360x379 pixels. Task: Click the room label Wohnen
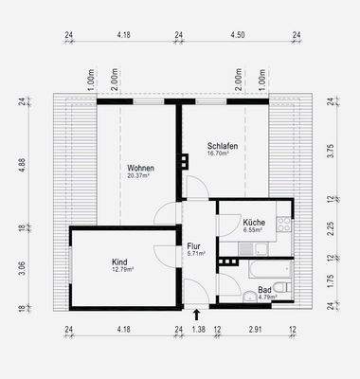pos(139,168)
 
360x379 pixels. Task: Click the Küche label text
pos(253,221)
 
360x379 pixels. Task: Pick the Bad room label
pos(265,289)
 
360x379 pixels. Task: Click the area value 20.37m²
pos(139,176)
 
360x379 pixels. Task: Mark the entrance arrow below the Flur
pos(196,313)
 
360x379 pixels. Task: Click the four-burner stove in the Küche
pos(281,226)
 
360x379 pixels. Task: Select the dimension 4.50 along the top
pos(238,35)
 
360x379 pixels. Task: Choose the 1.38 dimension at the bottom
pos(197,330)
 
